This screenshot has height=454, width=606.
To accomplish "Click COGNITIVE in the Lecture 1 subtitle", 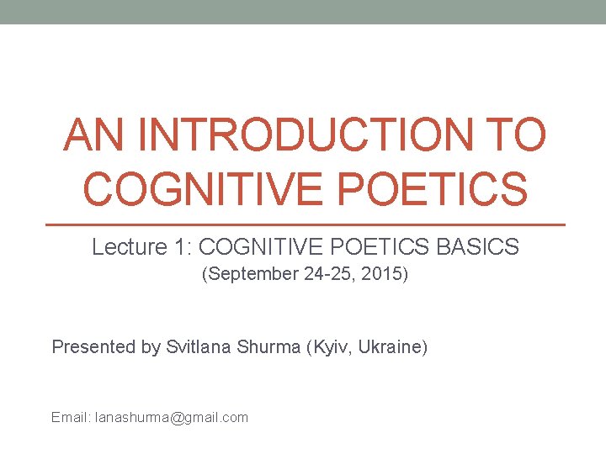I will [x=257, y=247].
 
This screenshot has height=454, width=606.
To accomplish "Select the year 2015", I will [x=383, y=275].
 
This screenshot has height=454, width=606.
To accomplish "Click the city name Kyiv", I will [x=332, y=346].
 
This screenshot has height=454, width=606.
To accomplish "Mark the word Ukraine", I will [x=393, y=346].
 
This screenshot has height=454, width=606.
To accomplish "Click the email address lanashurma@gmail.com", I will [x=172, y=417].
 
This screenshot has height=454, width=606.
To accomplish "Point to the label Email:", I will [x=71, y=417].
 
